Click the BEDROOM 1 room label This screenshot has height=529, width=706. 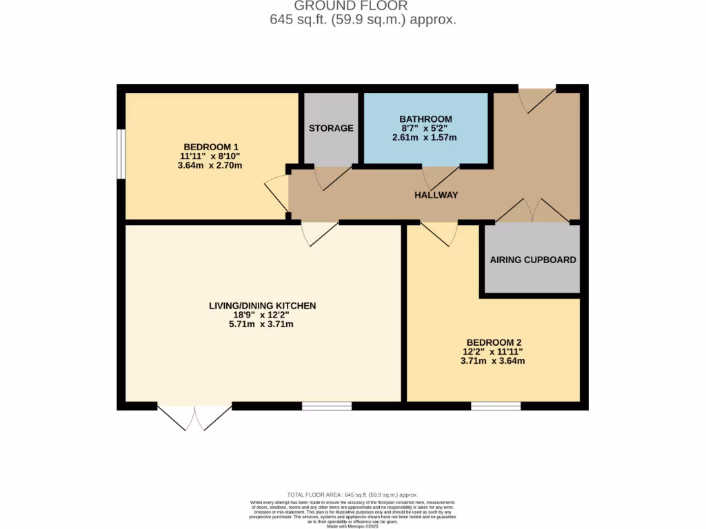(x=211, y=147)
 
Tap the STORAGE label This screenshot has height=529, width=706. (x=331, y=128)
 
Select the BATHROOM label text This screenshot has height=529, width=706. (x=426, y=119)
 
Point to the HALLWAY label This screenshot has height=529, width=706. (x=436, y=195)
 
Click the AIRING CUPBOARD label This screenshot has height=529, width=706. (x=532, y=260)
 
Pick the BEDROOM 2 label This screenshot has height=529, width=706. (x=493, y=342)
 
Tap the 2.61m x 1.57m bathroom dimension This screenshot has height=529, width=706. (x=425, y=138)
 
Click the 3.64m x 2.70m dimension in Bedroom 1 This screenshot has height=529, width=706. (x=211, y=165)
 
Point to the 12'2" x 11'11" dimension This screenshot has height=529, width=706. (x=493, y=352)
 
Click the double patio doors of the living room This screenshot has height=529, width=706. (x=194, y=417)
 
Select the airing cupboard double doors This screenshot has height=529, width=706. (x=532, y=211)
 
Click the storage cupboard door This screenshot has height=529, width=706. (x=330, y=177)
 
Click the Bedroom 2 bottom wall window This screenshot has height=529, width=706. (x=496, y=406)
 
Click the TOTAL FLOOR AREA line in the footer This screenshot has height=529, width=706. (x=352, y=495)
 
